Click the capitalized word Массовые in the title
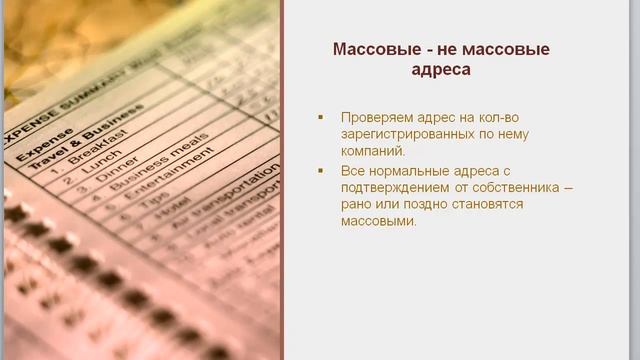click(x=371, y=49)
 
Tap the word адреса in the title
click(x=440, y=71)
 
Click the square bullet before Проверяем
click(x=321, y=117)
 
